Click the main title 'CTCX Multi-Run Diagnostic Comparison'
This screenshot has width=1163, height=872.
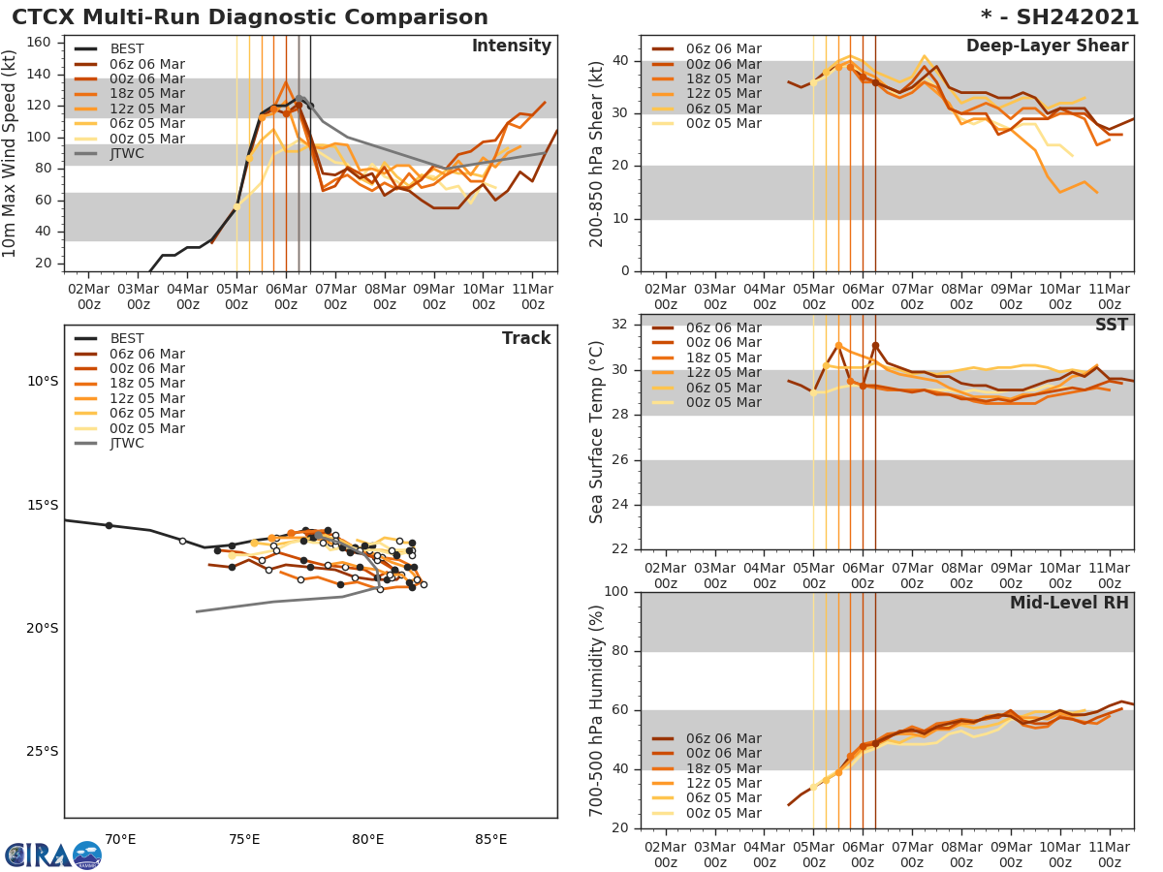click(x=250, y=17)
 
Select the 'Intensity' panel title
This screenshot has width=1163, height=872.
click(x=511, y=47)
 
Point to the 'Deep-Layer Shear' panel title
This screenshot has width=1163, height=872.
click(x=1047, y=47)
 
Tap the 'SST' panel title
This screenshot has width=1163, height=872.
click(x=1111, y=325)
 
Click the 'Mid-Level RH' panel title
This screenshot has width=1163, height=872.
click(x=1069, y=604)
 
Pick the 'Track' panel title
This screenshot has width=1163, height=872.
click(x=526, y=338)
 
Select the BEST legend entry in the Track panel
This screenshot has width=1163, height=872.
click(x=127, y=339)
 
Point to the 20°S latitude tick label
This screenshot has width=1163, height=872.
click(x=43, y=628)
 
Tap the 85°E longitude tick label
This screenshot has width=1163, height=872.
click(x=490, y=839)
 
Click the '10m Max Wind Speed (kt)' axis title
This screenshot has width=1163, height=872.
click(x=12, y=153)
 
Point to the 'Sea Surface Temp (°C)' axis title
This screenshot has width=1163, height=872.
click(x=597, y=432)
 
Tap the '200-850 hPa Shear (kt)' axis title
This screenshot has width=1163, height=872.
click(x=597, y=153)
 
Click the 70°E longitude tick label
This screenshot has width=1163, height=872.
click(x=120, y=839)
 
